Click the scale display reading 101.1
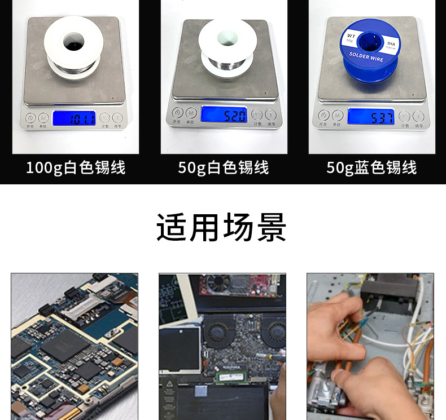coord(74,118)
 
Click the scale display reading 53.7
coord(370,117)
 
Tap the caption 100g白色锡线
coord(76,167)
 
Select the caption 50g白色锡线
coord(224,167)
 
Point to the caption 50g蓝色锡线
coord(371,167)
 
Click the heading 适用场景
coord(222,228)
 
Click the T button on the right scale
coord(418,116)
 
